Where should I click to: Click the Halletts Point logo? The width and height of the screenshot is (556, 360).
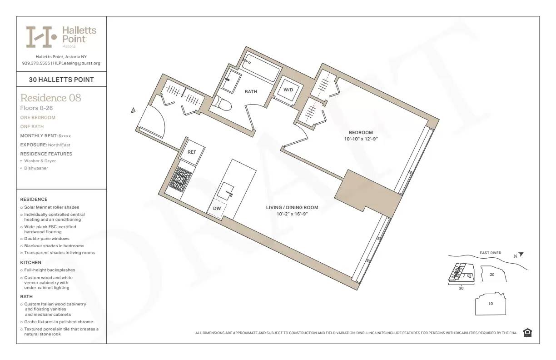point(61,37)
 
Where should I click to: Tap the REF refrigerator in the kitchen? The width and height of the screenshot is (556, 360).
point(192,152)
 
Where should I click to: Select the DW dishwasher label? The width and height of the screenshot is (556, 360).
point(217,208)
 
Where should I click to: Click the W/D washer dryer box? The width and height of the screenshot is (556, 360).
point(288,90)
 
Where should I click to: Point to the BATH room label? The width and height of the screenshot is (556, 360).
point(251,92)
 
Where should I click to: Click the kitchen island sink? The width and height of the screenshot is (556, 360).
point(226,189)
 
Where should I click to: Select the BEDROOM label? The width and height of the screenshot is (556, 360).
point(361,133)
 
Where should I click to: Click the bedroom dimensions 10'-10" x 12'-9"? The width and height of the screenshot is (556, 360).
point(361,139)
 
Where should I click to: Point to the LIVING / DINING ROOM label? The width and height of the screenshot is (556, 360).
point(292,208)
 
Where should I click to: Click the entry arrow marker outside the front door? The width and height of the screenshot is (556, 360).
point(133,110)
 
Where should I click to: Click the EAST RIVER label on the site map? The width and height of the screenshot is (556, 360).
point(490,253)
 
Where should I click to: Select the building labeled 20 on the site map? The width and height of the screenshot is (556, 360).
point(492,275)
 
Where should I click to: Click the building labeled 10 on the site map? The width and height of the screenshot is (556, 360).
point(491,304)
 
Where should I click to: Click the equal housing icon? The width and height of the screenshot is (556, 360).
point(527,333)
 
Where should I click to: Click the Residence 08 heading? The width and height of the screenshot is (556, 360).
point(51,98)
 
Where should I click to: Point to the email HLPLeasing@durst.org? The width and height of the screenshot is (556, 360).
point(77,63)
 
